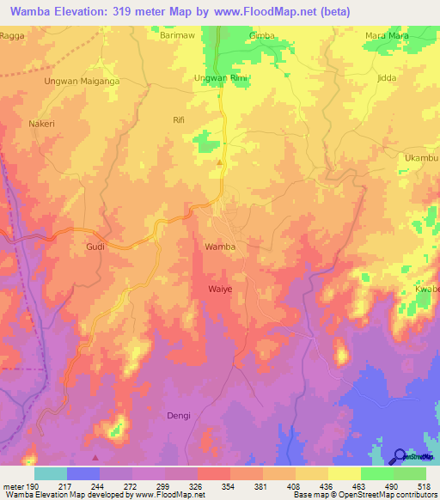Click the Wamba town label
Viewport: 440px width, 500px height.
click(x=219, y=247)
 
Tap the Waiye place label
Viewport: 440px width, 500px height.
click(x=220, y=289)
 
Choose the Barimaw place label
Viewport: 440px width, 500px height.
click(x=179, y=37)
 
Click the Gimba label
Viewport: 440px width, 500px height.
click(x=261, y=37)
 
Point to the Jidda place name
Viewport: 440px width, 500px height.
click(x=387, y=78)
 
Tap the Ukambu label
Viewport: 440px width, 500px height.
click(x=420, y=158)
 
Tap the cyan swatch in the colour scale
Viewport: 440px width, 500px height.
click(x=50, y=473)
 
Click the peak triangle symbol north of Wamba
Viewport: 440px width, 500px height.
click(x=219, y=162)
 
